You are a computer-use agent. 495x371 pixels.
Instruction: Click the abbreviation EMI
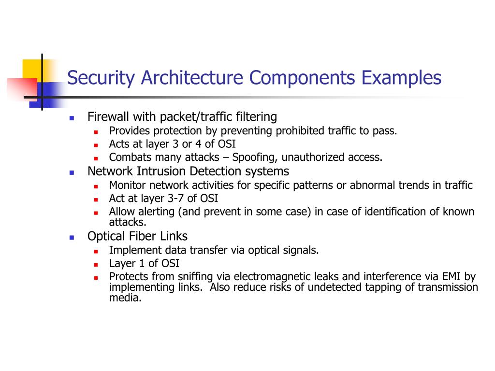click(451, 277)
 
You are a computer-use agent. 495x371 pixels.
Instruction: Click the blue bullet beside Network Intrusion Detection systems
click(72, 172)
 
